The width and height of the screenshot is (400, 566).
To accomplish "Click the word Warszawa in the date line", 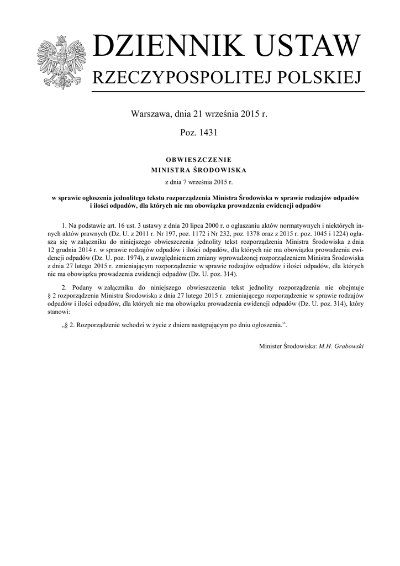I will coord(151,114).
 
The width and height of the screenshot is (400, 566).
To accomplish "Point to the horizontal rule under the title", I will coord(227,91).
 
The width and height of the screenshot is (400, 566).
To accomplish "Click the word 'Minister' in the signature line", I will coord(271,345).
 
